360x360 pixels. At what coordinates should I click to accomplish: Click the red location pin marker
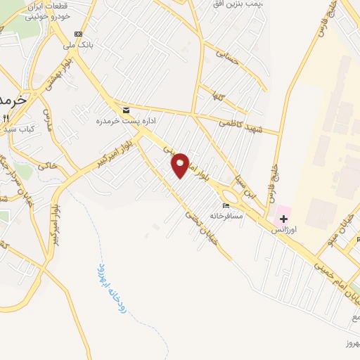point(180,165)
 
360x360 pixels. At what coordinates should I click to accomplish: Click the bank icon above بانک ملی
point(78,34)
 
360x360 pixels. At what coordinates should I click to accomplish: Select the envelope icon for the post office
point(126,110)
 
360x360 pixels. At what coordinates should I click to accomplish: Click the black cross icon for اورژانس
point(284,219)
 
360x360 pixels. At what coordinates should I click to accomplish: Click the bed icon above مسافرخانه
point(226,205)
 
